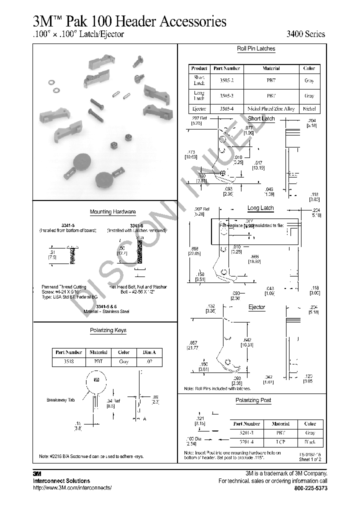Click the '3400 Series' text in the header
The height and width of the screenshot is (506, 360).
[305, 34]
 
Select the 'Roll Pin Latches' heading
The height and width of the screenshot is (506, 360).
[256, 48]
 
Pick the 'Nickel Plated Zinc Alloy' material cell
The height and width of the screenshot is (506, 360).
[271, 108]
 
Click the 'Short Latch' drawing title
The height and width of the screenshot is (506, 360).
[261, 118]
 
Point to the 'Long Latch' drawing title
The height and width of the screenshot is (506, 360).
[260, 208]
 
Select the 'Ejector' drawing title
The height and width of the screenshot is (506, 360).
[256, 307]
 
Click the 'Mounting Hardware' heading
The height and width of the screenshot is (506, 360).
[112, 212]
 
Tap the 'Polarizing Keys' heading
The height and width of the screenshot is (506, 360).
[108, 330]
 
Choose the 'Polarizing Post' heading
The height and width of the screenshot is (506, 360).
[253, 400]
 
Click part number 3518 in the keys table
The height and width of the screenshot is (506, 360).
[68, 361]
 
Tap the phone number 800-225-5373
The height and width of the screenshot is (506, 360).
[310, 488]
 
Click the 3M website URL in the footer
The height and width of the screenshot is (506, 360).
[72, 488]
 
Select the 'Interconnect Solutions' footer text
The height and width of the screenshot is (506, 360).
[61, 481]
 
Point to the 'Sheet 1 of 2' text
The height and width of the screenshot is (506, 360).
[310, 459]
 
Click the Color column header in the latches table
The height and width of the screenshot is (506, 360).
[309, 68]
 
